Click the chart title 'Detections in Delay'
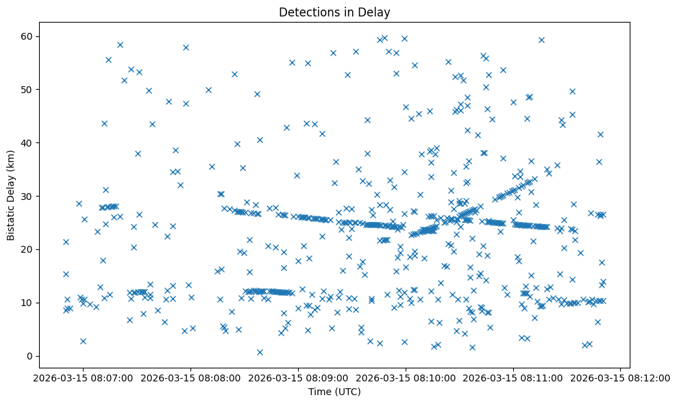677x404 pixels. click(334, 12)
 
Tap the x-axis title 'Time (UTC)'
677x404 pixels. click(334, 392)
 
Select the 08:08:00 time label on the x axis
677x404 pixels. click(189, 377)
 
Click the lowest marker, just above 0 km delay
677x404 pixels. click(260, 352)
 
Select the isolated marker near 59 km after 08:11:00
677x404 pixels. click(541, 40)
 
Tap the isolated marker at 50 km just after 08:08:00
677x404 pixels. click(208, 90)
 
